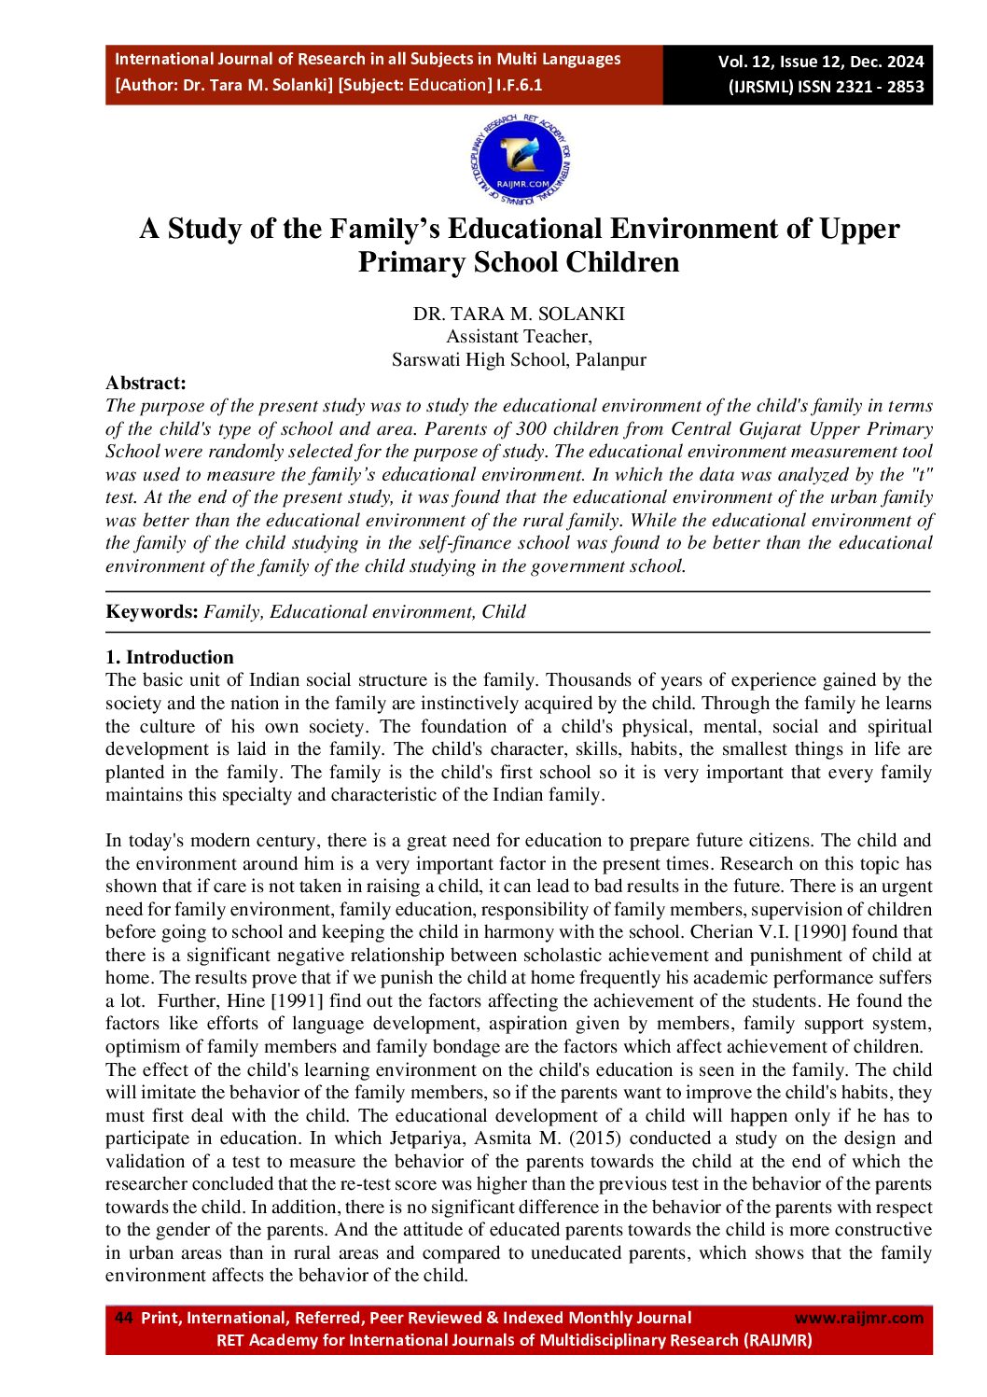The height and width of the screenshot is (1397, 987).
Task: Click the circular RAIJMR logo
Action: pyautogui.click(x=521, y=161)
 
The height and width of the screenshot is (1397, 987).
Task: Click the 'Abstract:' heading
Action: pyautogui.click(x=146, y=383)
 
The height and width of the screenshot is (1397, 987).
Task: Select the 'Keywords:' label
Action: pyautogui.click(x=152, y=612)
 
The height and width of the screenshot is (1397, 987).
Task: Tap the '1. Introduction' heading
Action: pyautogui.click(x=170, y=657)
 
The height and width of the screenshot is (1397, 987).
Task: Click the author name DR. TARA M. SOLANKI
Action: pyautogui.click(x=519, y=314)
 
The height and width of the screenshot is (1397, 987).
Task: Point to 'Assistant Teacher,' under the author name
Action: pyautogui.click(x=519, y=337)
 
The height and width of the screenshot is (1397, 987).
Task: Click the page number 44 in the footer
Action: pyautogui.click(x=123, y=1318)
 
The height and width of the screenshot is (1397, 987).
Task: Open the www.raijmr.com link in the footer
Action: pyautogui.click(x=858, y=1318)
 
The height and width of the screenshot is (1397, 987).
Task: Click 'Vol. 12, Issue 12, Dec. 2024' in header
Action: pyautogui.click(x=821, y=62)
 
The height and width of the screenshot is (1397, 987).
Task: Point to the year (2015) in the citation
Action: pyautogui.click(x=603, y=1139)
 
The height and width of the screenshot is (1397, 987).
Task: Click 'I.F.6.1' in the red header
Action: pyautogui.click(x=520, y=85)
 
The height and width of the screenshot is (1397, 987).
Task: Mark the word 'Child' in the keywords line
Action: pyautogui.click(x=504, y=612)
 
